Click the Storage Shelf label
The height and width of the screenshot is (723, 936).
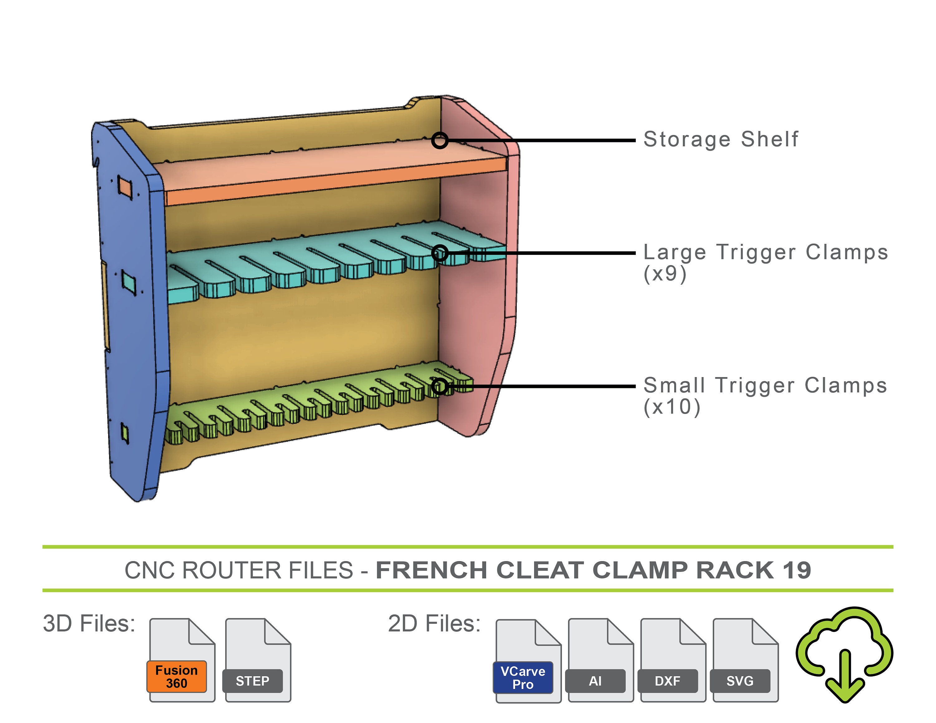[x=721, y=139]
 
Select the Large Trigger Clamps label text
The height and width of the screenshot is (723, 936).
[x=766, y=252]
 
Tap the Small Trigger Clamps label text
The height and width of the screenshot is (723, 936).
[x=765, y=385]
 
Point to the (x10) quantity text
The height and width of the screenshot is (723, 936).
[x=671, y=407]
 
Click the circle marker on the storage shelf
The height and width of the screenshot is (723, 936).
[x=440, y=140]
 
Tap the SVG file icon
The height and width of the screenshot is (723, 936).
[x=744, y=660]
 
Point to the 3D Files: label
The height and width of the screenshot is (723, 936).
[x=89, y=624]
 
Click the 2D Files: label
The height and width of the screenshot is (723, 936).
[x=434, y=624]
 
